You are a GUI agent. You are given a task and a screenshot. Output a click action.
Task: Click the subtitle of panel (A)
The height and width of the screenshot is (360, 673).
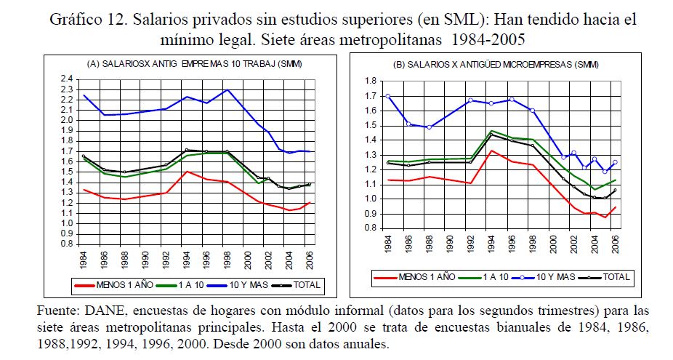tap(194, 65)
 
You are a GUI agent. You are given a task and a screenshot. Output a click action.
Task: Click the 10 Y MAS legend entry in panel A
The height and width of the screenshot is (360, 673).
tap(255, 284)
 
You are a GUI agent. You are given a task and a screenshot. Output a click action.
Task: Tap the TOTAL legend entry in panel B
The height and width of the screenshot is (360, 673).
tap(611, 277)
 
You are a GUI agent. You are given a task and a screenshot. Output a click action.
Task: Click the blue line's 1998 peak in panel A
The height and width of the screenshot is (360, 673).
tap(228, 89)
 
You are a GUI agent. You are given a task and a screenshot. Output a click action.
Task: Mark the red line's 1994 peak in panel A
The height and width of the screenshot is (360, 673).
tap(187, 172)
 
